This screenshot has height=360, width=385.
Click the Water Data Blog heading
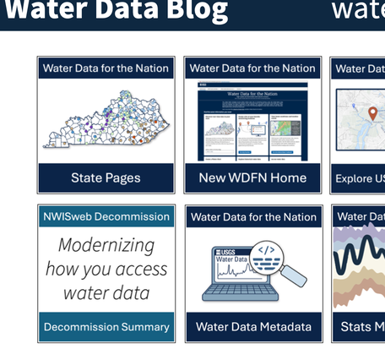coord(116,11)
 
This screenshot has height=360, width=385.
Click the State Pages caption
coord(106,178)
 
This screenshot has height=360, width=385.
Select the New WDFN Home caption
coord(253,178)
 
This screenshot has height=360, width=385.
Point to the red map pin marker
coord(372,113)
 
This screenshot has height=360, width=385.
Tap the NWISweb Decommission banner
coord(106,216)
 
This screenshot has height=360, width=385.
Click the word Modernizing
coord(106,245)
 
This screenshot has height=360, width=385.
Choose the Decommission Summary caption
coord(106,327)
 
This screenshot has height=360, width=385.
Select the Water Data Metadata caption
coord(253,327)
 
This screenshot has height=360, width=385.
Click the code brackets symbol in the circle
coord(266,249)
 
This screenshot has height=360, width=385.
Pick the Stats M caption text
coord(362,327)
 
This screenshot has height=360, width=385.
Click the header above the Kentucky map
coord(106,68)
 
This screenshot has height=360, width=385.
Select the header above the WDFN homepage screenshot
coord(253,68)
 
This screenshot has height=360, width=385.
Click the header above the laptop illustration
coord(253,217)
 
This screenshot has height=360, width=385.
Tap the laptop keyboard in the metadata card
coord(240,292)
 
